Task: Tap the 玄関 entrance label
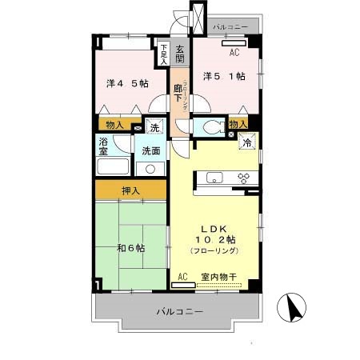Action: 180,54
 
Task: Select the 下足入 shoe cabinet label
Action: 163,53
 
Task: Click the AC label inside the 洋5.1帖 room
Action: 234,53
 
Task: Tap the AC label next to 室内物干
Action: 182,277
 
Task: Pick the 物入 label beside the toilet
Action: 238,124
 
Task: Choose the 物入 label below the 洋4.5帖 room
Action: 114,125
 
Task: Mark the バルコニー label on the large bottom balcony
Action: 179,310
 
